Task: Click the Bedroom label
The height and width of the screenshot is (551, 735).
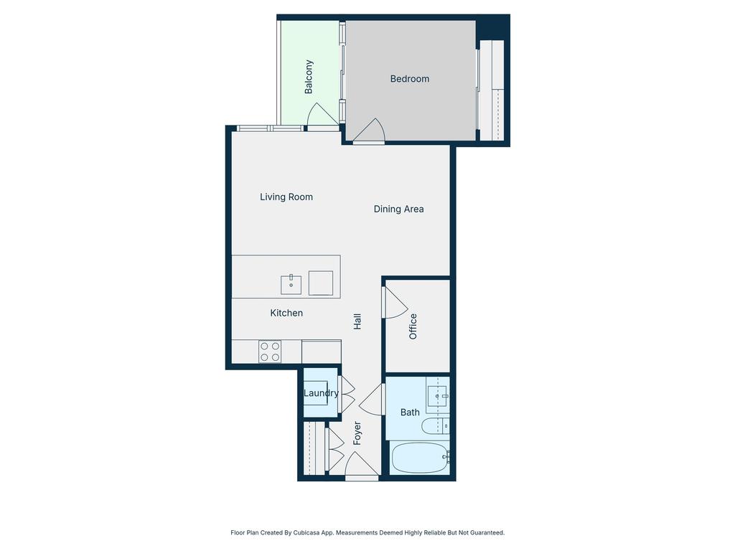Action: point(410,79)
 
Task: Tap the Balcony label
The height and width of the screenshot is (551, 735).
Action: point(309,77)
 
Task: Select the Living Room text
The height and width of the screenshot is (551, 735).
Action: point(286,197)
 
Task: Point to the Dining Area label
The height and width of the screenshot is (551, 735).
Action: point(398,209)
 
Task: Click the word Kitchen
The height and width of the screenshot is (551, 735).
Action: point(286,313)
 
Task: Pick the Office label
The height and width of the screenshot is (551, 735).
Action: point(413,326)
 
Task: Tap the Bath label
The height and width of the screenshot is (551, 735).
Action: point(410,413)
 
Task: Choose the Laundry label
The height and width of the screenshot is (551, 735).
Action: point(321,393)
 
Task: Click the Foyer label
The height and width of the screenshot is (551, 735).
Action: point(357,433)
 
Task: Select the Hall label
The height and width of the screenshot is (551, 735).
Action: point(357,321)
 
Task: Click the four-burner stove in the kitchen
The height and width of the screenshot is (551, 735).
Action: point(270,352)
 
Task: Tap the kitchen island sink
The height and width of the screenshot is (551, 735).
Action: point(291,284)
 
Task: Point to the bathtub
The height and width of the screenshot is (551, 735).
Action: point(420,458)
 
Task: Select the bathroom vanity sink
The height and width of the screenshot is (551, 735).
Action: point(438,396)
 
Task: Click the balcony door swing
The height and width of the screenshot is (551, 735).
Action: point(322,114)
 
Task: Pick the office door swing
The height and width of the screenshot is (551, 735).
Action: point(395,303)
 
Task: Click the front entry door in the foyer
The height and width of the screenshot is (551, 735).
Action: point(362,464)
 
